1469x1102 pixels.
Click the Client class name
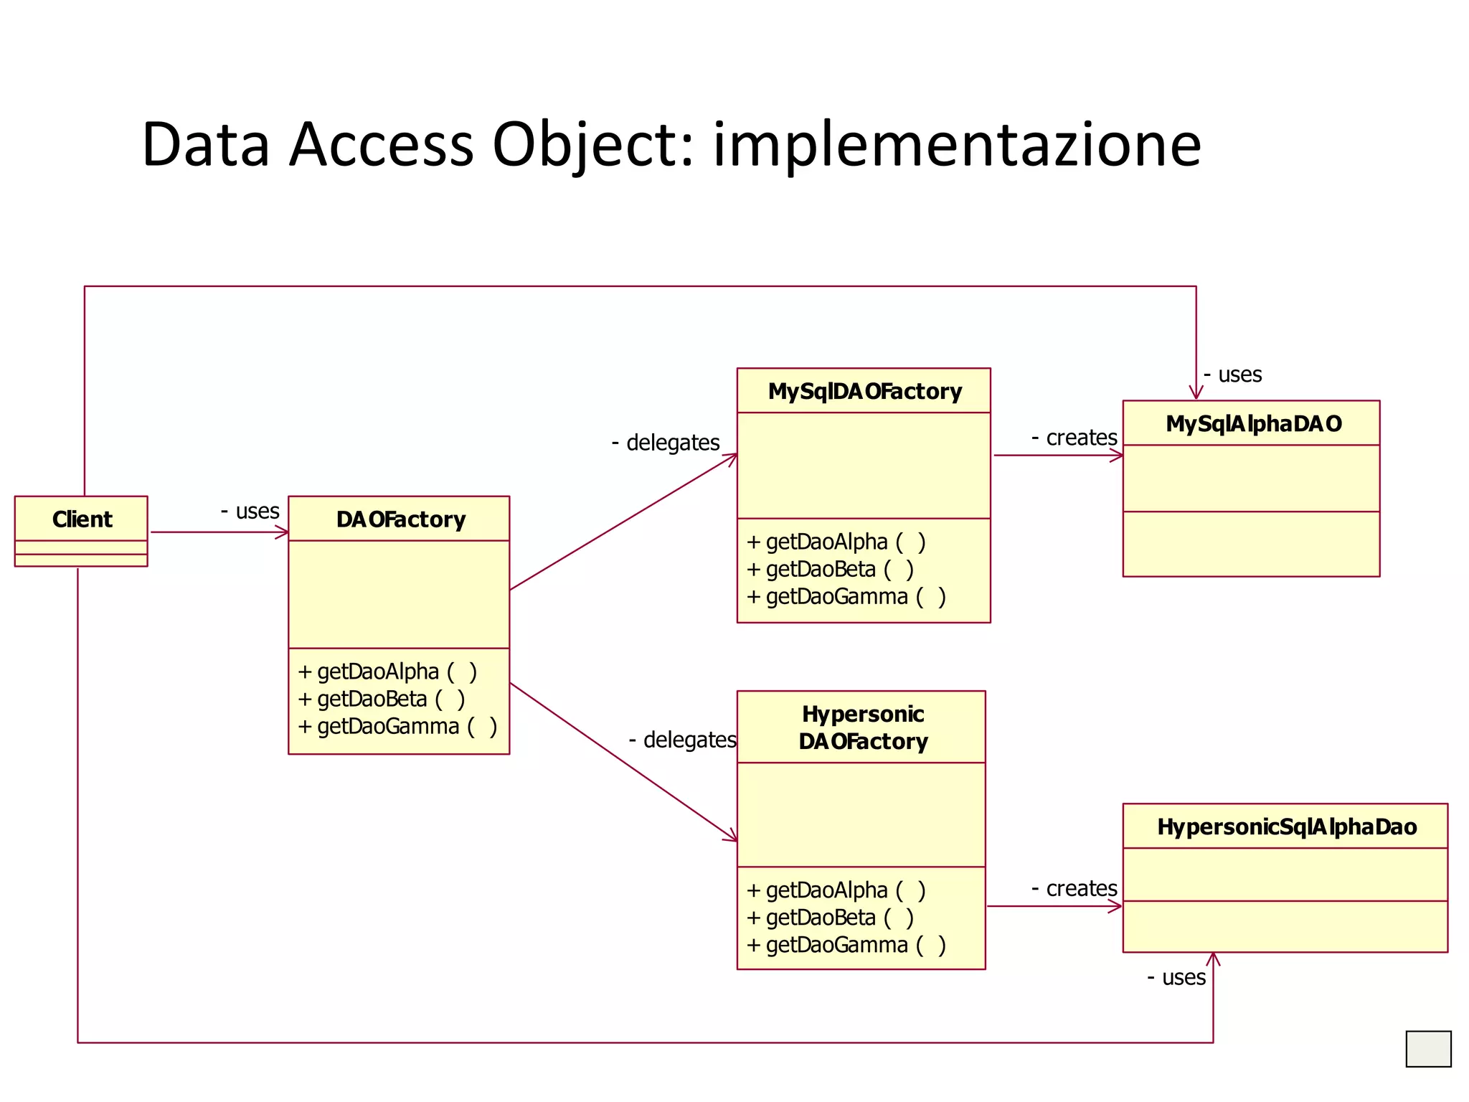82,519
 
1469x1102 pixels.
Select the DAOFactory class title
400,519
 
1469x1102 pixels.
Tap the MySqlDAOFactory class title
864,391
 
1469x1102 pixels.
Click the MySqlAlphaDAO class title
1253,423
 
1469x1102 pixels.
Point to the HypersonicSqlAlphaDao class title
1286,826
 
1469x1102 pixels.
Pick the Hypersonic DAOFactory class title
863,727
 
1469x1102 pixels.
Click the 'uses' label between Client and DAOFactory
250,511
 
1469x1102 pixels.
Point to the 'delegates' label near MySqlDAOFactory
666,443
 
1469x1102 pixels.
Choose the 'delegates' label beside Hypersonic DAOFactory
683,740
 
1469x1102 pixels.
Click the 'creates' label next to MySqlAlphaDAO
1074,438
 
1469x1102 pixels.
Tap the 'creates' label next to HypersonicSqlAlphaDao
1074,889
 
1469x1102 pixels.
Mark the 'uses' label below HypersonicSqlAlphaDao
1176,977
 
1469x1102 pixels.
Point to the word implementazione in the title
956,145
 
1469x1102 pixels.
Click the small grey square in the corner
1428,1049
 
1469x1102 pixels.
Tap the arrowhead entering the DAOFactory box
283,532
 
